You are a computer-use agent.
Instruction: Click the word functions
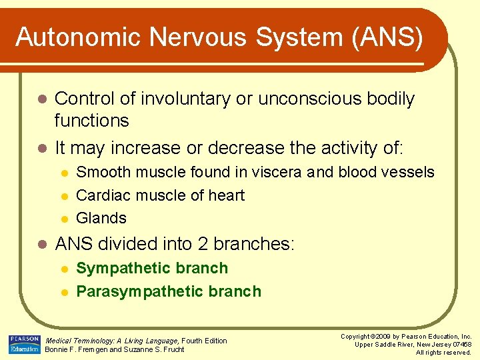[91, 121]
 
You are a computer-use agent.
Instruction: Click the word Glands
[101, 218]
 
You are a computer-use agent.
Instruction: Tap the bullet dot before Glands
[63, 219]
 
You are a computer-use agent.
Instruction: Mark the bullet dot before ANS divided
[41, 245]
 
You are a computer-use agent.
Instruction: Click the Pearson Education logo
[24, 345]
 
